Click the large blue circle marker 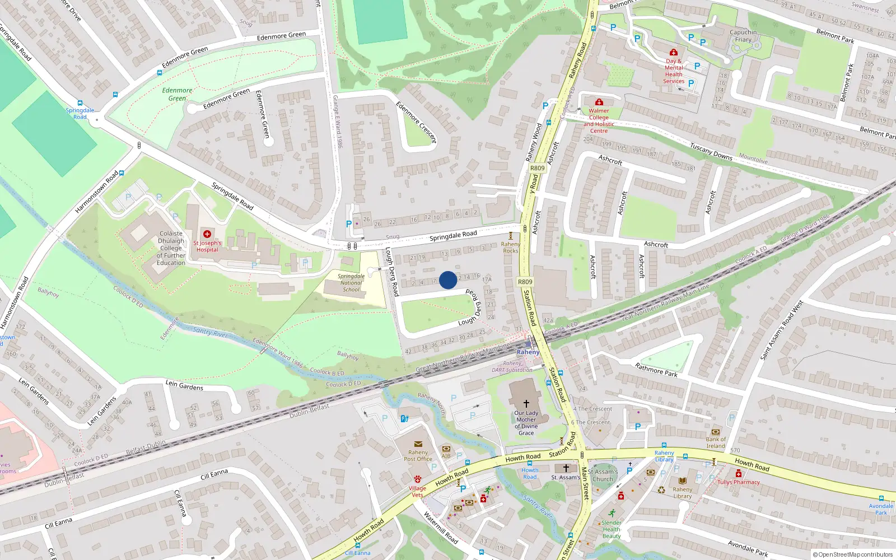click(448, 280)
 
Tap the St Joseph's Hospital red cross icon click(207, 234)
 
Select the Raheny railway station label click(528, 352)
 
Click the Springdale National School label click(351, 283)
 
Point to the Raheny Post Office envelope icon click(418, 444)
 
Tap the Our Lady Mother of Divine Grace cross click(526, 403)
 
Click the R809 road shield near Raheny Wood click(537, 168)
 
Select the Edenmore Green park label click(177, 94)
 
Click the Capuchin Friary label click(743, 36)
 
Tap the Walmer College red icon click(599, 102)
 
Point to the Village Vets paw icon click(417, 479)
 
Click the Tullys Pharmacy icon click(738, 474)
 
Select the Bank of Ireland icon click(715, 432)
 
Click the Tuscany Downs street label click(711, 152)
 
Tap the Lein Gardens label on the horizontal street click(184, 385)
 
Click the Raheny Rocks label click(510, 247)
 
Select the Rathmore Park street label click(656, 370)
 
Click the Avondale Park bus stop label click(881, 508)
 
